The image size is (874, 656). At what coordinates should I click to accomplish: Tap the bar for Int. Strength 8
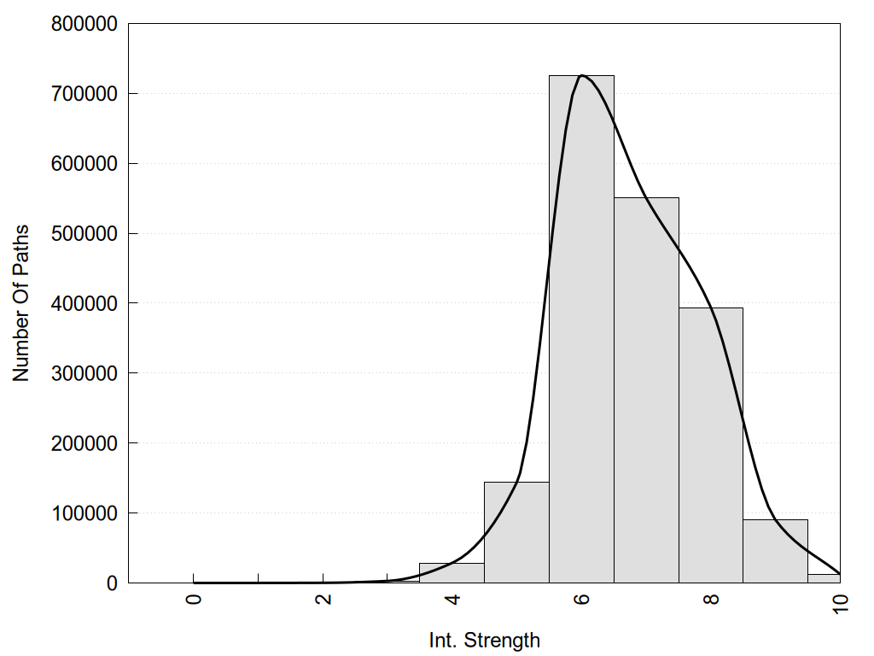(x=711, y=445)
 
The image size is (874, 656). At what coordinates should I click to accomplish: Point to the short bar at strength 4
(x=452, y=573)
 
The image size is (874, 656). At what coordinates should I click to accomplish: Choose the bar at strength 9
(x=775, y=551)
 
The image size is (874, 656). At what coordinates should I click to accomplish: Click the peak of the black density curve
(x=581, y=75)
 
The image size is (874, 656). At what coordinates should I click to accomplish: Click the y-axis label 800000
(x=83, y=24)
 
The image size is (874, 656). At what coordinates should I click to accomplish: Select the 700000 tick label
(x=83, y=94)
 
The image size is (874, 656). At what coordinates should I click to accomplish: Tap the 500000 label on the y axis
(x=83, y=234)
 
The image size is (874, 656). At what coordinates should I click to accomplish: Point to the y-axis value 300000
(x=83, y=374)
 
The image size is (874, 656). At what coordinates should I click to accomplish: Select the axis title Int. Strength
(x=485, y=640)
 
